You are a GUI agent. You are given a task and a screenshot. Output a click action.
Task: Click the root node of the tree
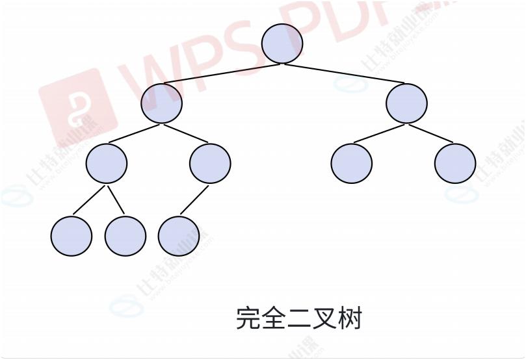tap(282, 44)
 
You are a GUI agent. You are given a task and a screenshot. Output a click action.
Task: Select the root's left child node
tap(162, 103)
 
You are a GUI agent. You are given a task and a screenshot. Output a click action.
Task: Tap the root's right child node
tap(406, 103)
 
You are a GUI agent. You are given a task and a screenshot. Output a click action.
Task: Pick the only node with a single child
tap(210, 163)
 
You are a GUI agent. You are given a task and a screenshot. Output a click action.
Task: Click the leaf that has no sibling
tap(179, 235)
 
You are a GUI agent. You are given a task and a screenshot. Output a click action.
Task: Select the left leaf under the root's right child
tap(351, 163)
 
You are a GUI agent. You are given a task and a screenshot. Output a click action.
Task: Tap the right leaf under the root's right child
tap(455, 163)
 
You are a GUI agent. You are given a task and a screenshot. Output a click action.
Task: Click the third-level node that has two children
tap(107, 163)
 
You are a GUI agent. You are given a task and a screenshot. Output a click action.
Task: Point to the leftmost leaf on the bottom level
tap(72, 235)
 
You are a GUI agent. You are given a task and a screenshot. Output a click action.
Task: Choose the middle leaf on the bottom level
tap(125, 235)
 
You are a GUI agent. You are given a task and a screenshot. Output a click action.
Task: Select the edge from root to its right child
tap(345, 73)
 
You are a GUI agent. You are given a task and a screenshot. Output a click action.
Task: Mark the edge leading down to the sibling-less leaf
tap(194, 199)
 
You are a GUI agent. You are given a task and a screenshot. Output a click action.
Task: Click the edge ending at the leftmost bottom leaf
tap(89, 199)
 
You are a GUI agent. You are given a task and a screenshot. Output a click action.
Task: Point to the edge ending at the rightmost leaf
tap(430, 133)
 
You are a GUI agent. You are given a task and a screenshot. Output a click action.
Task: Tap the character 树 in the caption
tap(349, 319)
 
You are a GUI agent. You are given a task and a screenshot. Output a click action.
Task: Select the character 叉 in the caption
tap(324, 319)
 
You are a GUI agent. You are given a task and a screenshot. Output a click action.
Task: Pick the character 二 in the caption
tap(298, 319)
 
